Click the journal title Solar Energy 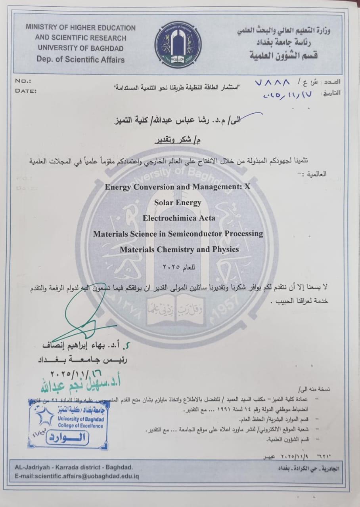tap(178, 202)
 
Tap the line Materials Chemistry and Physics tap(179, 250)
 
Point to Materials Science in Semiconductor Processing tap(178, 234)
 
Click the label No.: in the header tap(23, 81)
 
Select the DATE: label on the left tap(26, 91)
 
